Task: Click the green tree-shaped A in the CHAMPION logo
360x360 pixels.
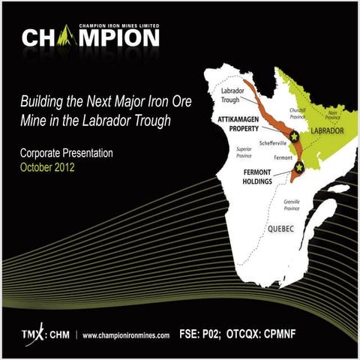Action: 72,36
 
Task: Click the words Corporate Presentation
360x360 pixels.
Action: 67,153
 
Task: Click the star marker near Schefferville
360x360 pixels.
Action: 295,136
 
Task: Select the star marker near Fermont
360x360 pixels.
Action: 299,166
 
